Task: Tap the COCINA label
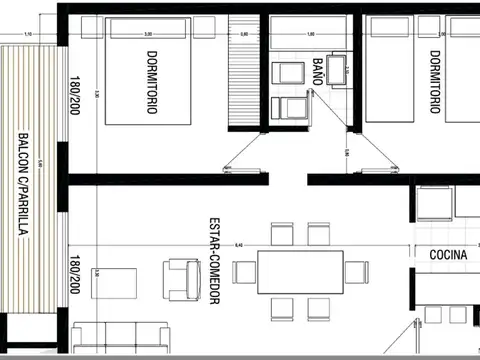pyautogui.click(x=448, y=255)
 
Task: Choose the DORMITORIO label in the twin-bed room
pyautogui.click(x=434, y=82)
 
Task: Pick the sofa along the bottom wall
pyautogui.click(x=120, y=340)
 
